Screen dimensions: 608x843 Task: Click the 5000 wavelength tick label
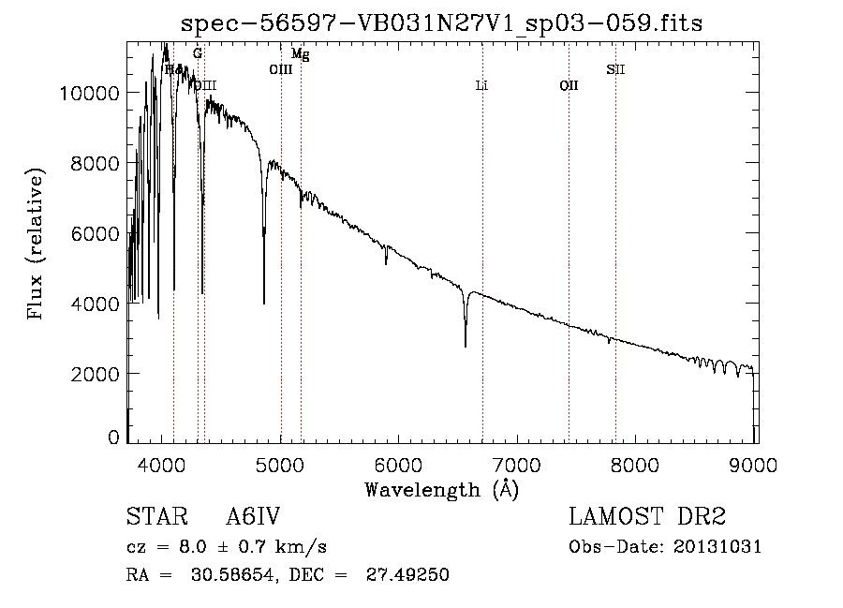click(x=281, y=464)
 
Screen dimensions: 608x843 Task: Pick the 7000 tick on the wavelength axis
click(x=518, y=464)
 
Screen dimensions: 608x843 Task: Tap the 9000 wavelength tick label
click(x=755, y=464)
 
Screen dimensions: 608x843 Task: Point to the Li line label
click(x=481, y=85)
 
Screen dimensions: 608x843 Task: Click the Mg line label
click(x=300, y=55)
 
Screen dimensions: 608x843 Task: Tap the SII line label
click(x=615, y=68)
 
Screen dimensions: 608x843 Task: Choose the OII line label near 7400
click(x=569, y=85)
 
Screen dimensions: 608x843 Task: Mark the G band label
click(x=197, y=54)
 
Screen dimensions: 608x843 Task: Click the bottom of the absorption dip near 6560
click(x=466, y=346)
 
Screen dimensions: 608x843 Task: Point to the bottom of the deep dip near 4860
click(x=264, y=303)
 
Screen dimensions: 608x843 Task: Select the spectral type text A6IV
click(x=253, y=517)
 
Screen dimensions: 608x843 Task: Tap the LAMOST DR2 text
click(x=647, y=517)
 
